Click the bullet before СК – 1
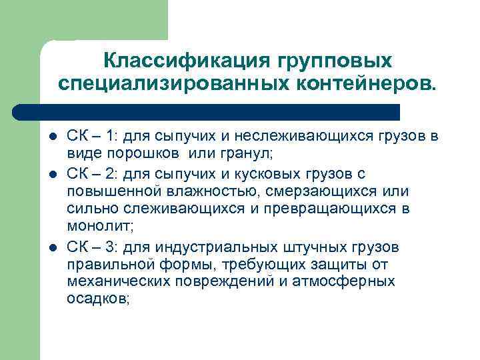pos(53,137)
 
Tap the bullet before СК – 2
pos(53,174)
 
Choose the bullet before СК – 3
pos(53,248)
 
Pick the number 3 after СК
pos(111,247)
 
